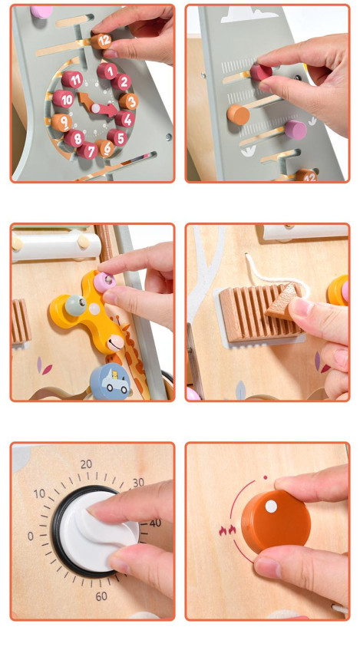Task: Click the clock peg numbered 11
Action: point(72,80)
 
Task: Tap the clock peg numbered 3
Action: point(129,101)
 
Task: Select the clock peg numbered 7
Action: point(88,150)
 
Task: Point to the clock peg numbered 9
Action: point(61,123)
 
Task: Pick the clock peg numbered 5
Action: point(117,137)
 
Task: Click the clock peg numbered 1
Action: point(107,71)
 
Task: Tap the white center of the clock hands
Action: point(95,108)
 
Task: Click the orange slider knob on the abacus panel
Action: point(238,114)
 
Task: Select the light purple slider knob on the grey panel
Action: point(296,130)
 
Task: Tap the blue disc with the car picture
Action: point(110,381)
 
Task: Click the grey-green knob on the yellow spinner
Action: point(76,306)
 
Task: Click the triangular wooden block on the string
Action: point(282,302)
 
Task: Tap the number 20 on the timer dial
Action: point(86,464)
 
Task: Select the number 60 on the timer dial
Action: point(101,596)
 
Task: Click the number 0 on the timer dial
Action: point(31,536)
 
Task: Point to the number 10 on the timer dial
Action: point(39,493)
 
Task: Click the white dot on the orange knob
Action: point(271,507)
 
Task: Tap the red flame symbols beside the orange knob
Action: point(227,530)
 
